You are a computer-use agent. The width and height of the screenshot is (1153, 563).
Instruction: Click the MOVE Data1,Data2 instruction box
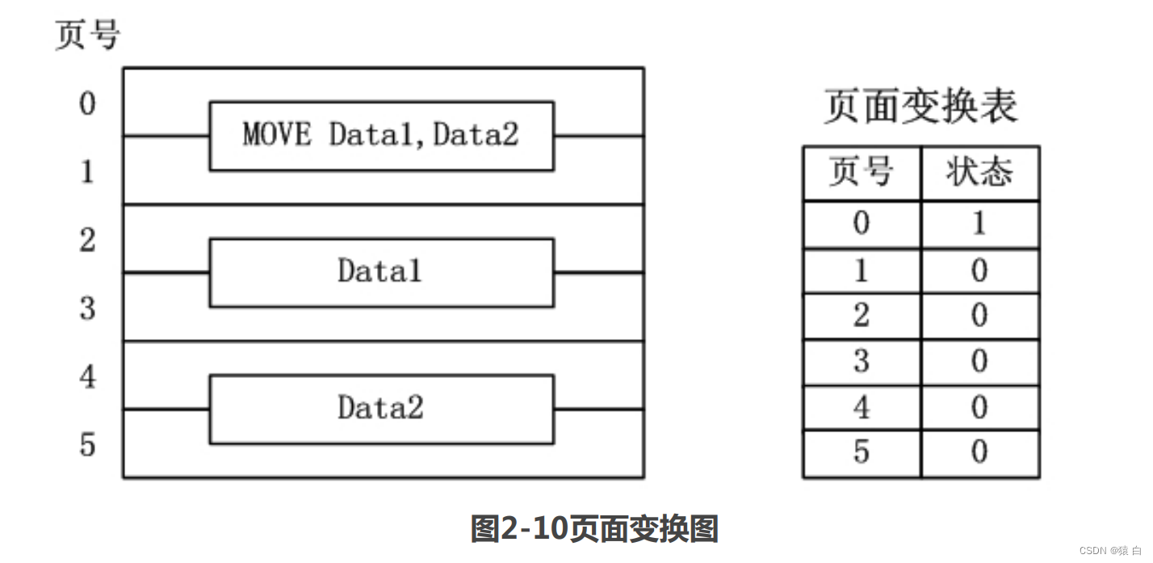[x=381, y=136]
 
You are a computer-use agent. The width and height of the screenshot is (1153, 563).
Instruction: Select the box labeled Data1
[x=381, y=272]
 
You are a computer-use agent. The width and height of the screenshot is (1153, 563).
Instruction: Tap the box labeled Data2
[x=381, y=409]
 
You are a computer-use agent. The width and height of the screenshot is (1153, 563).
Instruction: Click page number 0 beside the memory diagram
[x=87, y=104]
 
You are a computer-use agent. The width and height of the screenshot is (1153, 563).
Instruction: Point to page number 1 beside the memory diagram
[x=87, y=172]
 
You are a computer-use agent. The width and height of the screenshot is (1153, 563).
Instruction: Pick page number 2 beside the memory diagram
[x=87, y=240]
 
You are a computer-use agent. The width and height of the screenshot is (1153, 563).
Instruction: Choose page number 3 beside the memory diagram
[x=87, y=308]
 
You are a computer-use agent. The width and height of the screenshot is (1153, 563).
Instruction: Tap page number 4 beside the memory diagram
[x=87, y=376]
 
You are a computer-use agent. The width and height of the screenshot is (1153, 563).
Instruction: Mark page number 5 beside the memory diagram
[x=87, y=444]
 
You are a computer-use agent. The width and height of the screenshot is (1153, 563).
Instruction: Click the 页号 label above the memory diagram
[x=87, y=36]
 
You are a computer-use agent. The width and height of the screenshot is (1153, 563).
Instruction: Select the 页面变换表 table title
[x=920, y=107]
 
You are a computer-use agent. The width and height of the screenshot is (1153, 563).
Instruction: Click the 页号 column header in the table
[x=862, y=173]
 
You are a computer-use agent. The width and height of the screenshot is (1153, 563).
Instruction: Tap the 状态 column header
[x=979, y=173]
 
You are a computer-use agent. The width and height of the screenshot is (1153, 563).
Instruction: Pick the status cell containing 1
[x=979, y=224]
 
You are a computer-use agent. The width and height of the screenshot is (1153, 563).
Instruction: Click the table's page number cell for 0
[x=862, y=224]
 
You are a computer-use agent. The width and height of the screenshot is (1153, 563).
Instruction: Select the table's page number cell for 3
[x=862, y=361]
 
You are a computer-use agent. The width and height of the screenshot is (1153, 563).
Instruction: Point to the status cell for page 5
[x=979, y=452]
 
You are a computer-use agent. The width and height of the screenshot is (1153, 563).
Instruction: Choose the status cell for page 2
[x=979, y=315]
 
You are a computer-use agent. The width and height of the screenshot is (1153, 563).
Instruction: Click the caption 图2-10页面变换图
[x=594, y=529]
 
